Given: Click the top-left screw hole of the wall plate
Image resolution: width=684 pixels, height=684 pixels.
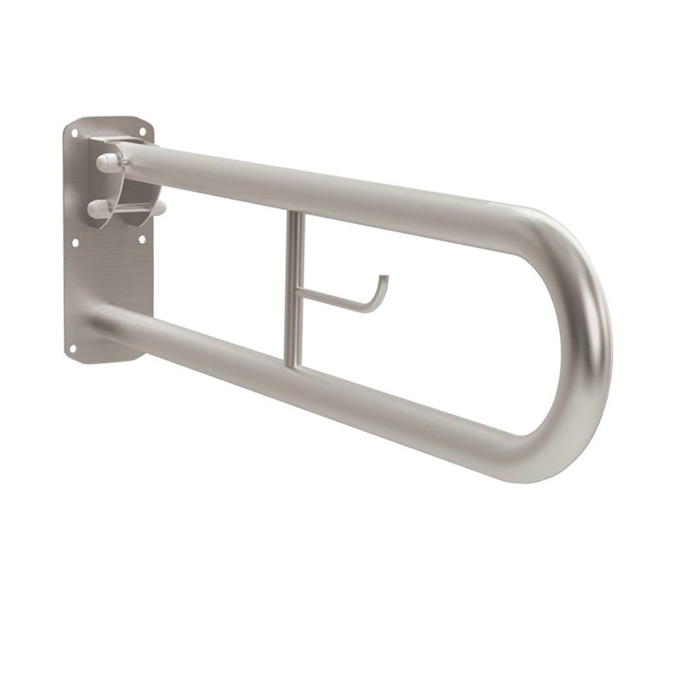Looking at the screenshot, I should [x=75, y=132].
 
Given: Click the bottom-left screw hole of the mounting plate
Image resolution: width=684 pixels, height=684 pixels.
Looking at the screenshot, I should [x=73, y=348].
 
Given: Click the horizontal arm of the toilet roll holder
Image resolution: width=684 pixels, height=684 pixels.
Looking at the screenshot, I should [x=334, y=299].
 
